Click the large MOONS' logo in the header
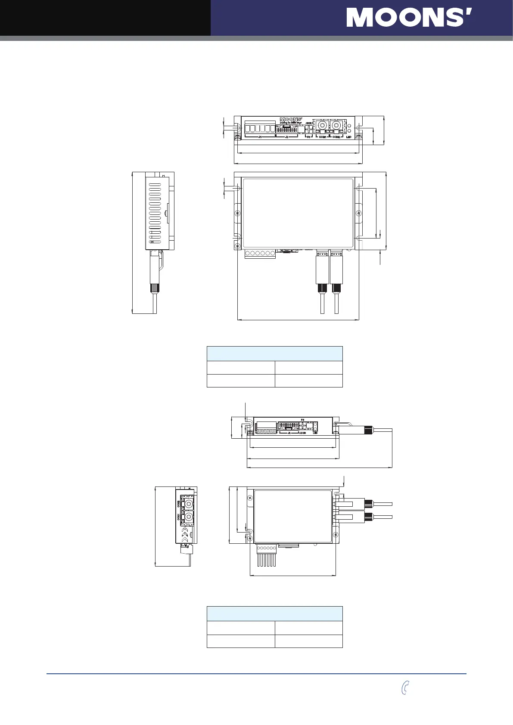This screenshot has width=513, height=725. click(409, 18)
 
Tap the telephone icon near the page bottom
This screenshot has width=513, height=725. click(404, 688)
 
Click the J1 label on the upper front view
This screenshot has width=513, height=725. click(260, 137)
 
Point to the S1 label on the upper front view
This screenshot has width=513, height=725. click(308, 137)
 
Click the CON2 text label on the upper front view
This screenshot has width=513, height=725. click(336, 137)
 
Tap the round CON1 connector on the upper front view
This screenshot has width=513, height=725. click(321, 125)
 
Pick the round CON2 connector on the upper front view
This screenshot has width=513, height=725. click(336, 125)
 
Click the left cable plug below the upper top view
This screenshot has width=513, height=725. click(322, 270)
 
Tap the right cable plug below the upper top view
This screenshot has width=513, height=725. click(336, 270)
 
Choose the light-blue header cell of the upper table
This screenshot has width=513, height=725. click(275, 353)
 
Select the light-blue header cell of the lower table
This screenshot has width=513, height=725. click(275, 613)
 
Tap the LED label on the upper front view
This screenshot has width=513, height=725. click(349, 137)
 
